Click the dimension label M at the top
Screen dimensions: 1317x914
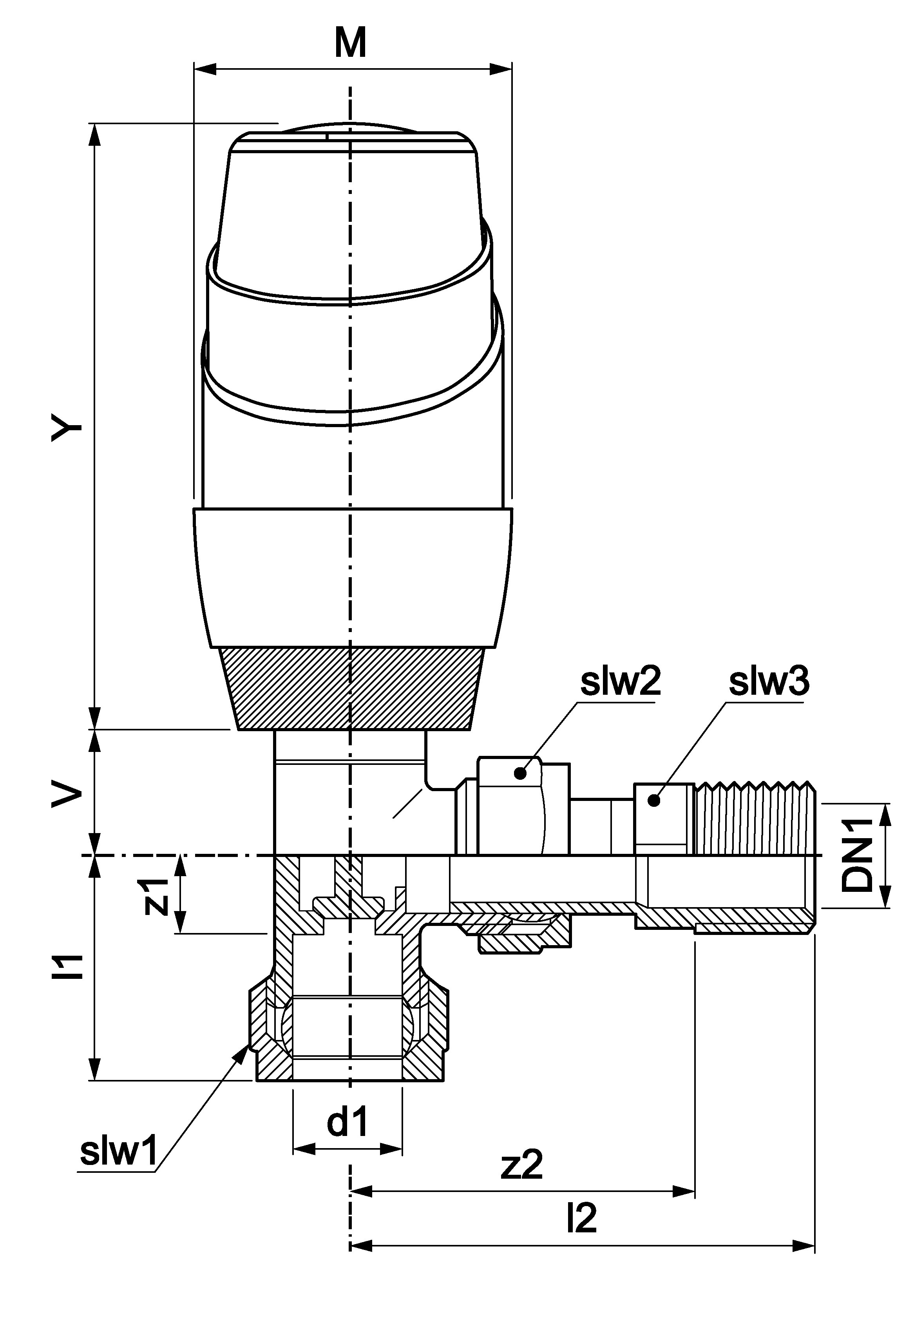pos(351,45)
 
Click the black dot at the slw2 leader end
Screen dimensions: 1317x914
pos(520,774)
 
